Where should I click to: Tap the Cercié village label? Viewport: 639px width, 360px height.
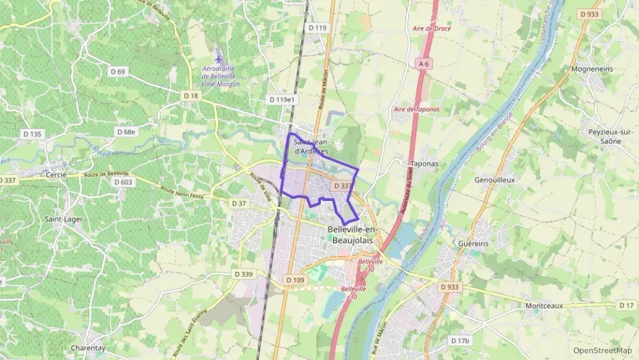coord(55,175)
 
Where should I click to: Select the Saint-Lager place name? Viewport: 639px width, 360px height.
coord(63,219)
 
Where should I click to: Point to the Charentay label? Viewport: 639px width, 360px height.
coord(87,348)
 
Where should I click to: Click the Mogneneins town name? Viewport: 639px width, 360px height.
coord(592,69)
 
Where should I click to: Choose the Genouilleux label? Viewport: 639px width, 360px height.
coord(494,180)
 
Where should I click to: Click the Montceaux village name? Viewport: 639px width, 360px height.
coord(544,305)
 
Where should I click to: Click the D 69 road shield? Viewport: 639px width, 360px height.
coord(117,72)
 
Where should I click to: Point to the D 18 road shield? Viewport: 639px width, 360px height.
coord(190,96)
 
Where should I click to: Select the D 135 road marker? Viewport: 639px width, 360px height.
coord(31,134)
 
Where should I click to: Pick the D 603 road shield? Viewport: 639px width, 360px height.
coord(123,182)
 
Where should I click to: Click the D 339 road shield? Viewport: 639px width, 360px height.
coord(243,274)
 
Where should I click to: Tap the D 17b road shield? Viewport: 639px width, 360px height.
coord(461,340)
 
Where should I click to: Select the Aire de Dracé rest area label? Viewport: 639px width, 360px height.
coord(432,29)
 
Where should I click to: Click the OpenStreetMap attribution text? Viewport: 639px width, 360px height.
coord(602,351)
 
